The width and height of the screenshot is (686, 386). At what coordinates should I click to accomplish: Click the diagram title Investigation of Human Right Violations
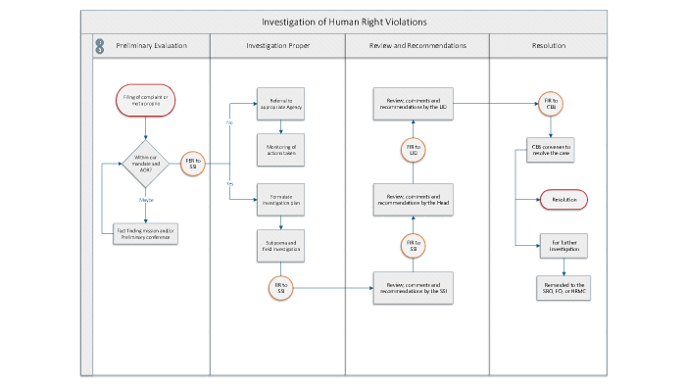click(343, 22)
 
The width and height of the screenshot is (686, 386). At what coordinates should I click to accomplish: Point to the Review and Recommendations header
click(416, 46)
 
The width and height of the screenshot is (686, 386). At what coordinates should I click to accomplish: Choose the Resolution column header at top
click(548, 46)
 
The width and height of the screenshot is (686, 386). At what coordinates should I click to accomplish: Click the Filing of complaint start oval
click(145, 99)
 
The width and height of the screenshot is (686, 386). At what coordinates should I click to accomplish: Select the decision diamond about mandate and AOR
click(145, 163)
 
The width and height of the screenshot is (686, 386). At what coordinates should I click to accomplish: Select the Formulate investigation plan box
click(282, 200)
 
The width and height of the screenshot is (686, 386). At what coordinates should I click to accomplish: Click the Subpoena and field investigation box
click(282, 246)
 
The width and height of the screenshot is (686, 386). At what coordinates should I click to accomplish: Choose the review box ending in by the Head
click(412, 200)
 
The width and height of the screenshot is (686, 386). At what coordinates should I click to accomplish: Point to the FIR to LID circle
click(412, 150)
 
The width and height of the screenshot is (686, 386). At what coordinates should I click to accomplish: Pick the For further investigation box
click(563, 246)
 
